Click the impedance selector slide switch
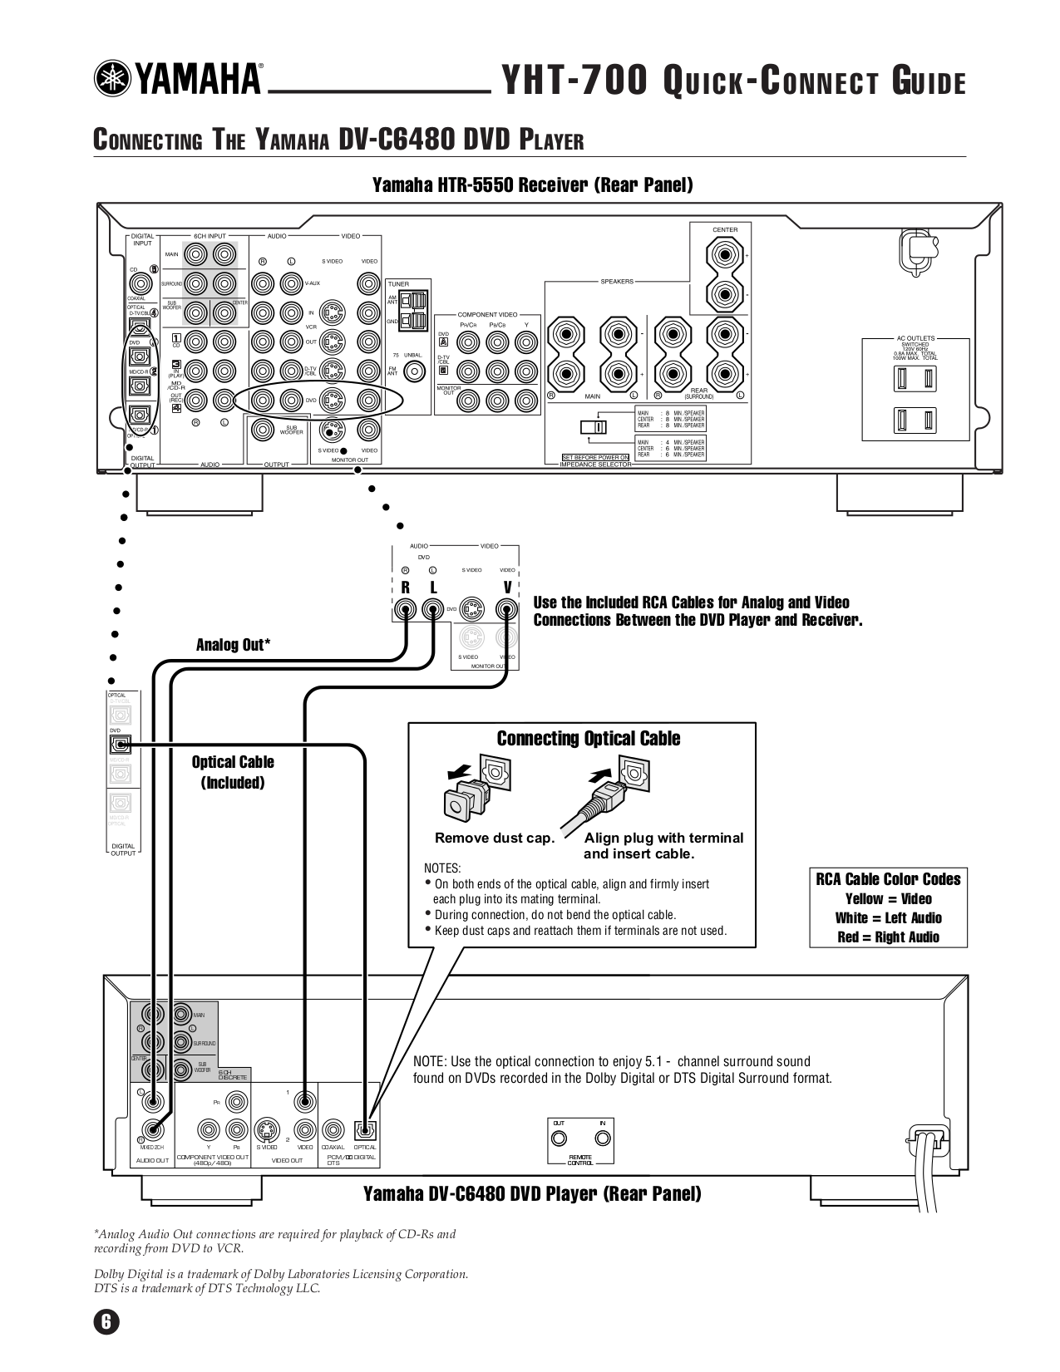coord(594,427)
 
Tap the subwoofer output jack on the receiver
coord(263,429)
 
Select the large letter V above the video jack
coord(507,588)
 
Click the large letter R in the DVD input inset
coord(406,588)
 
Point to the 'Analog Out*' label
coord(233,645)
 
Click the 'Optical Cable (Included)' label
coord(232,772)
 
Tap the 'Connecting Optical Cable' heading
coord(588,739)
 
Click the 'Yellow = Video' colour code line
coord(888,898)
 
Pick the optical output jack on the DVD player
coord(365,1129)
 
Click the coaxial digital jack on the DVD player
coord(333,1129)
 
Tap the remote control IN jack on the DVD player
coord(603,1138)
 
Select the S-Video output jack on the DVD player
coord(266,1129)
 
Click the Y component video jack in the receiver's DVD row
coord(525,342)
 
